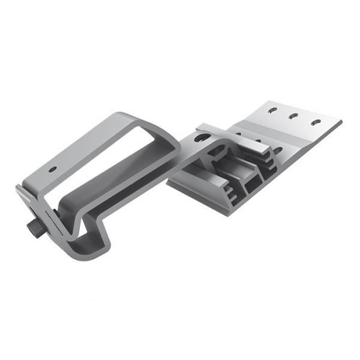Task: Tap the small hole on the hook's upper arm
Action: (x=53, y=170)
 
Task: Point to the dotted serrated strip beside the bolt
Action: (x=54, y=224)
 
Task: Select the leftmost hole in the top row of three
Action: (x=271, y=111)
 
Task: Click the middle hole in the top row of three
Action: (x=293, y=116)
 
